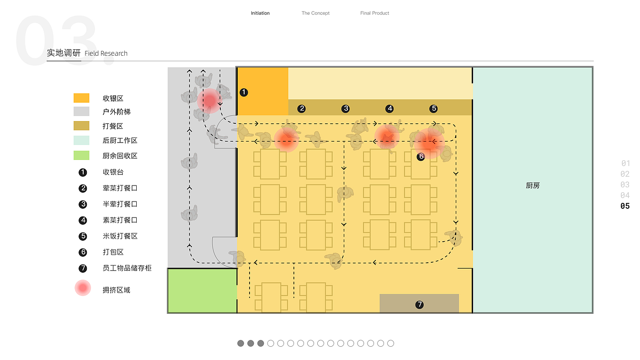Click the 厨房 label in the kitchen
click(533, 186)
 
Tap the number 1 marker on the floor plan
click(244, 92)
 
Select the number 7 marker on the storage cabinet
click(419, 304)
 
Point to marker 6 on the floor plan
click(421, 157)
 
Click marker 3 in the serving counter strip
click(346, 109)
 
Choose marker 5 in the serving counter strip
click(433, 109)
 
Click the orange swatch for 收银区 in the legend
click(81, 98)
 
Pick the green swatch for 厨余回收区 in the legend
click(81, 155)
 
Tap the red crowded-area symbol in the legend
click(83, 288)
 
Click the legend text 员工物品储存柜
click(127, 268)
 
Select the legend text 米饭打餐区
click(120, 236)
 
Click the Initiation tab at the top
click(260, 13)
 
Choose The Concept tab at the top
click(315, 13)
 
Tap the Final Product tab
click(374, 13)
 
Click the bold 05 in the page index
click(625, 206)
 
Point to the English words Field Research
click(106, 53)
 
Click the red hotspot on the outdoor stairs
click(209, 100)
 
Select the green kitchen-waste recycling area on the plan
click(202, 291)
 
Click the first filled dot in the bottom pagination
click(240, 343)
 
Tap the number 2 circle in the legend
click(83, 188)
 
